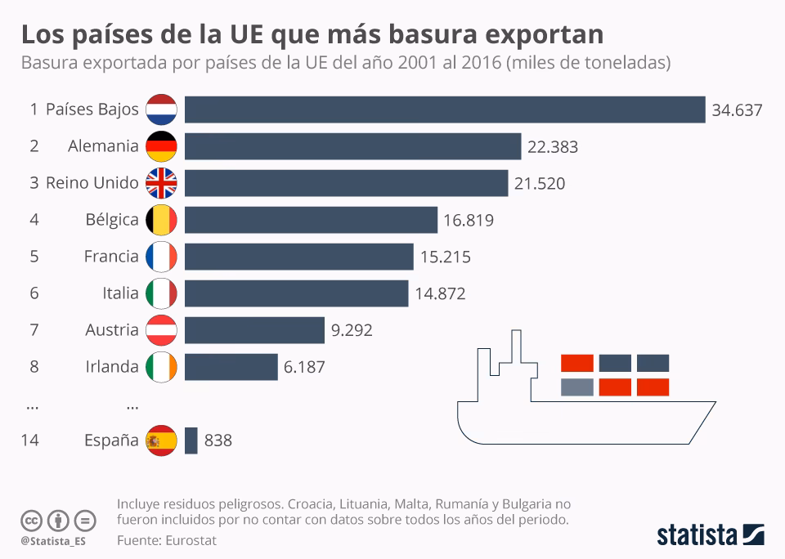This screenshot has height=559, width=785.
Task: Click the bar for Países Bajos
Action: [444, 110]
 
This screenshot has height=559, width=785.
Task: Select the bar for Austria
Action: [254, 330]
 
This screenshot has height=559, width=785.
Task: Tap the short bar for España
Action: [191, 440]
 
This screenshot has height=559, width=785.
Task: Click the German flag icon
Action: [161, 146]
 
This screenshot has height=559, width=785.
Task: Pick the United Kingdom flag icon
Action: [161, 183]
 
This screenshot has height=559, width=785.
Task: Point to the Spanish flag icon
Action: [161, 440]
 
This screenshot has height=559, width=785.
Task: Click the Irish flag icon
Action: [161, 367]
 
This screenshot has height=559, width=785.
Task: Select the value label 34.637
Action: [737, 110]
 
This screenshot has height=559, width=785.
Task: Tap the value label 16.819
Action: [469, 220]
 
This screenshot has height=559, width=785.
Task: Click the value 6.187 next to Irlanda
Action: [304, 367]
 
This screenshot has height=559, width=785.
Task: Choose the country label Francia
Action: [111, 257]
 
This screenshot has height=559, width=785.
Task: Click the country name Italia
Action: [120, 293]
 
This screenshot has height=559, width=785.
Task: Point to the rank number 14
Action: [29, 440]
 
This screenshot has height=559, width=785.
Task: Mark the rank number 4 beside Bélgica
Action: [34, 220]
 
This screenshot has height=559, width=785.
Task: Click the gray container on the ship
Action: [577, 387]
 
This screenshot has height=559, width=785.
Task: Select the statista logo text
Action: [698, 535]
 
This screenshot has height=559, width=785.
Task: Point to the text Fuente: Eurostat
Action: [167, 540]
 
